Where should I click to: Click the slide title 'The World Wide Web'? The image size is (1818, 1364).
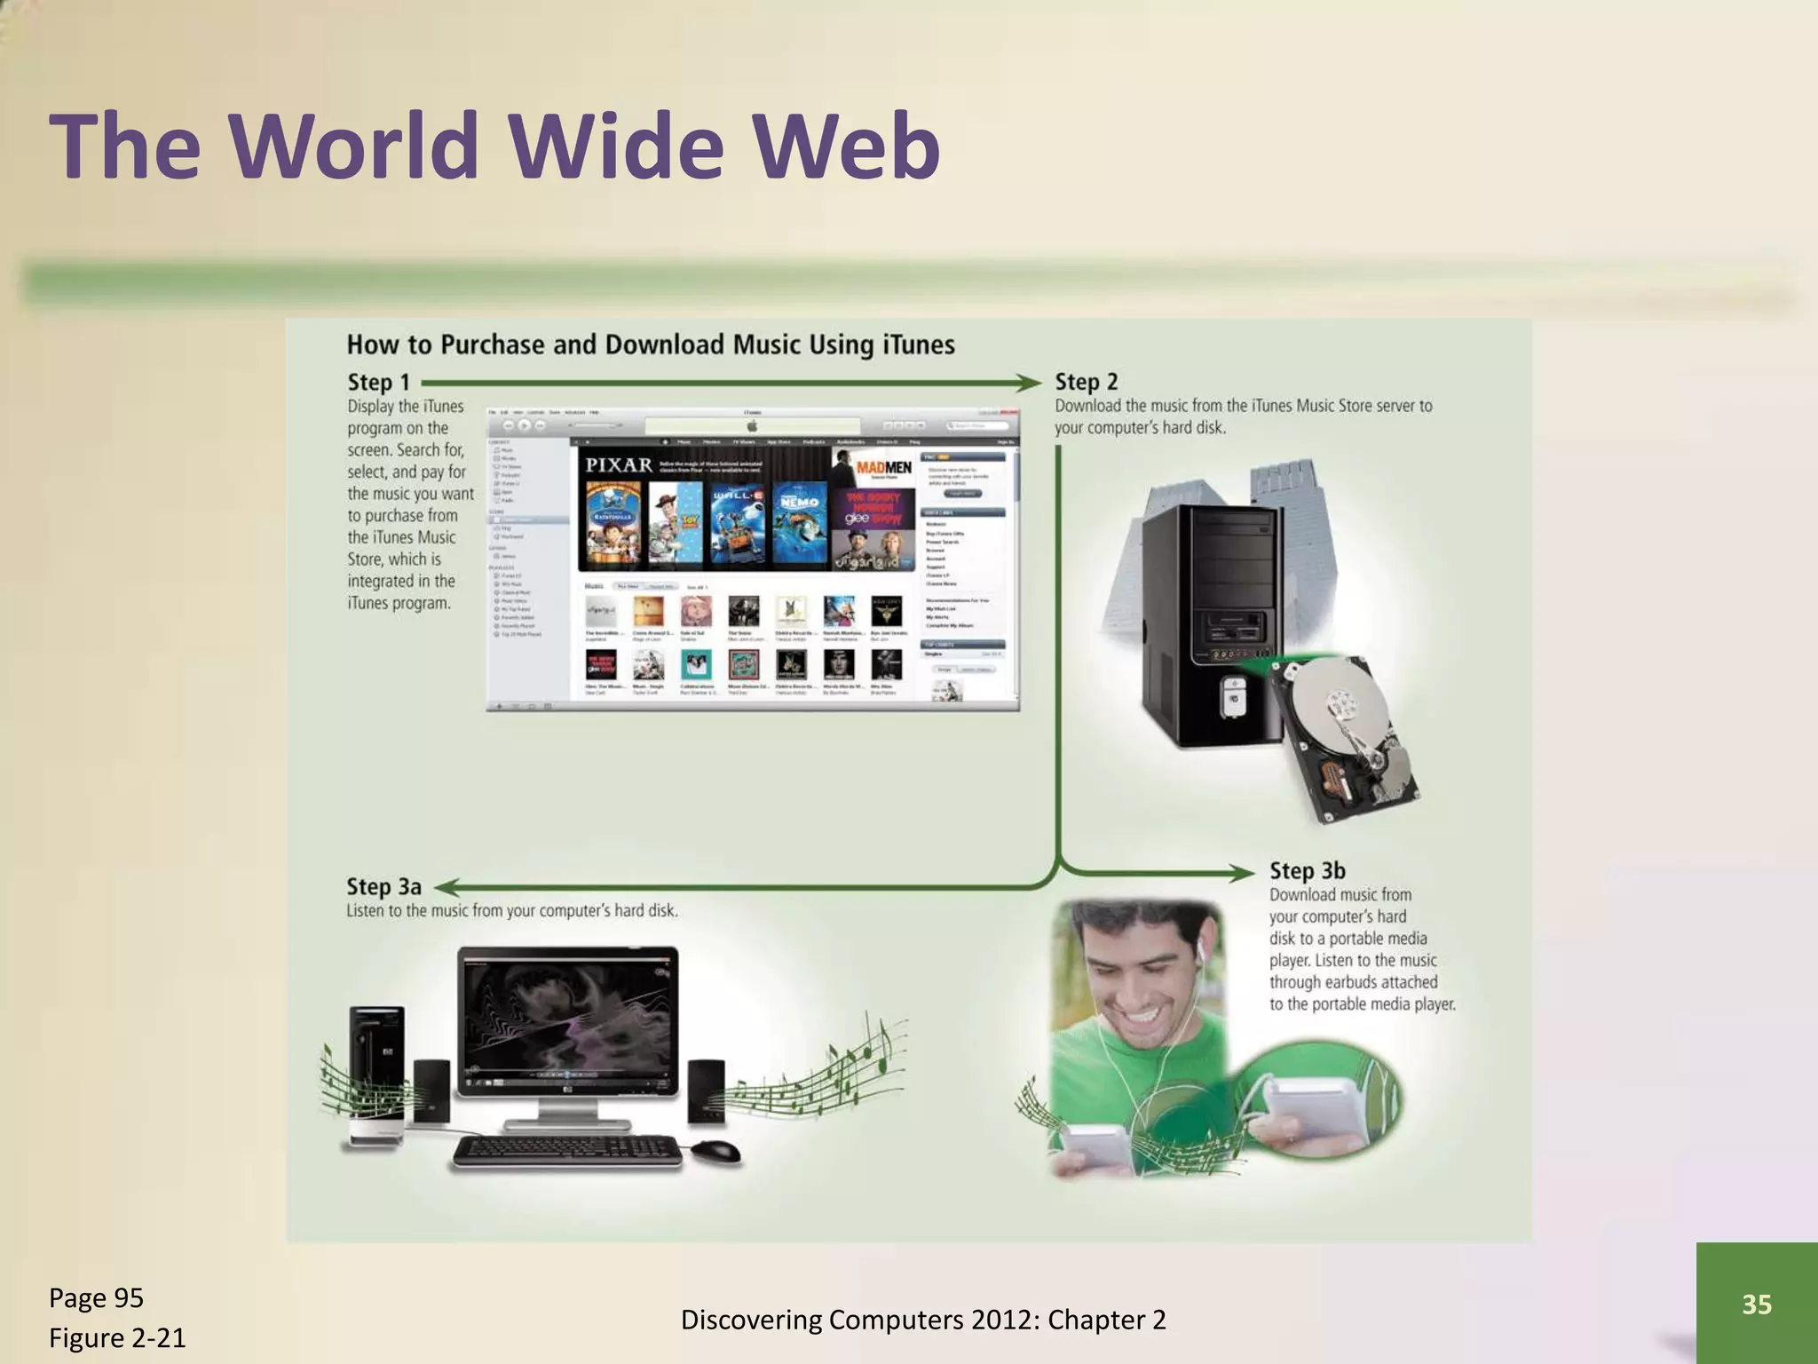(x=494, y=146)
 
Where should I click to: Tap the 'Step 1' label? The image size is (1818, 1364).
(x=378, y=382)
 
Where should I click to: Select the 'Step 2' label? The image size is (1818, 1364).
(x=1086, y=382)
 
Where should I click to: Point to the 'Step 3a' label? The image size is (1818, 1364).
(x=383, y=886)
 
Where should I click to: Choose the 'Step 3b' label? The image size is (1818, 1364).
(x=1307, y=870)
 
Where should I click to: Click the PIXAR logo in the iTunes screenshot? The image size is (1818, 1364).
(x=619, y=464)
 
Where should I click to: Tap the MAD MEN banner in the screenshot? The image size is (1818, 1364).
(x=883, y=467)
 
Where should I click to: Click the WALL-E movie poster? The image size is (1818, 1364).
(x=738, y=525)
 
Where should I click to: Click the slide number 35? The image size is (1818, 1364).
(x=1756, y=1304)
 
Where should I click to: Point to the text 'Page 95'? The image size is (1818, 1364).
(x=96, y=1297)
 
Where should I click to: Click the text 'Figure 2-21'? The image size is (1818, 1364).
(x=117, y=1337)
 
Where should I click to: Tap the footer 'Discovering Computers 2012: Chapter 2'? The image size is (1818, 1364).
(x=923, y=1320)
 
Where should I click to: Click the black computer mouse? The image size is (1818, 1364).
(x=715, y=1152)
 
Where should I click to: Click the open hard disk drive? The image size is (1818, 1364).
(x=1346, y=737)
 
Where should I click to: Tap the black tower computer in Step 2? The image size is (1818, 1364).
(x=1211, y=622)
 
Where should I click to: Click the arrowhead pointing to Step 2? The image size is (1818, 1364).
(x=1030, y=383)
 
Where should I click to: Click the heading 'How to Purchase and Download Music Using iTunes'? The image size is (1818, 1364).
(x=651, y=345)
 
